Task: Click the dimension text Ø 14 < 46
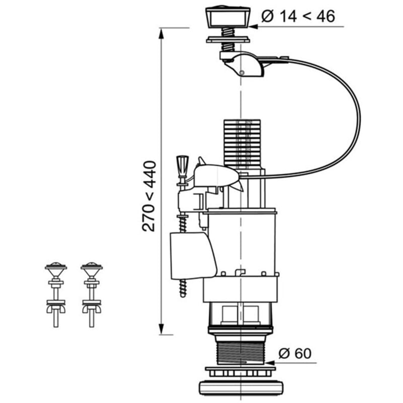pyautogui.click(x=298, y=16)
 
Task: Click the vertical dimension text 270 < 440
pyautogui.click(x=149, y=196)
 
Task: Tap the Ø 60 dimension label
pyautogui.click(x=295, y=354)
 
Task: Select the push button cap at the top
pyautogui.click(x=228, y=17)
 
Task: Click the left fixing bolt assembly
pyautogui.click(x=56, y=295)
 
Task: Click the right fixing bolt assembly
pyautogui.click(x=92, y=295)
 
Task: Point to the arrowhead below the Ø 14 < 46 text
pyautogui.click(x=254, y=27)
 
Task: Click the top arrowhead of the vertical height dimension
pyautogui.click(x=161, y=33)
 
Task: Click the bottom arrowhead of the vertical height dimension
pyautogui.click(x=161, y=329)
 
